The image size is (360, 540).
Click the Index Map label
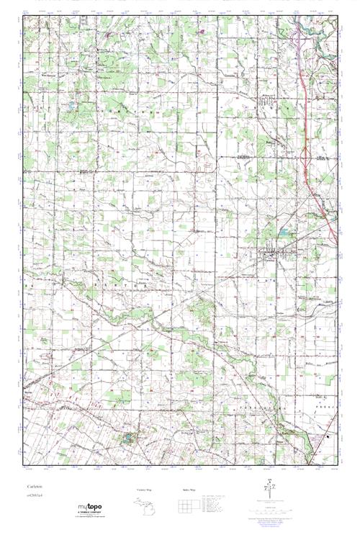(x=189, y=489)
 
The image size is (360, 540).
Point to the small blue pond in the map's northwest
(x=70, y=106)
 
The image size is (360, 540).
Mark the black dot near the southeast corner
(x=328, y=436)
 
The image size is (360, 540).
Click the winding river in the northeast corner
(x=317, y=29)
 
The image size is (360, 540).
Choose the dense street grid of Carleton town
(x=272, y=253)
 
